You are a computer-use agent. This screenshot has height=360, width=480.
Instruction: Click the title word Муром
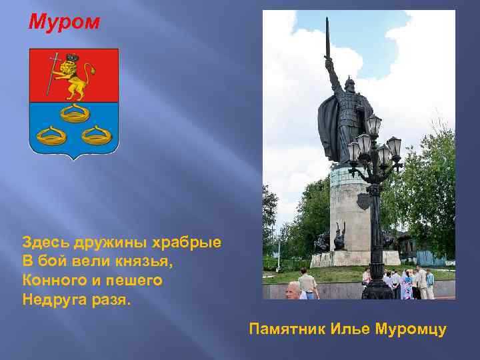pyautogui.click(x=65, y=23)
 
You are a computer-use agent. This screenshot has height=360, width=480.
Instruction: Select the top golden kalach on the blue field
pyautogui.click(x=74, y=113)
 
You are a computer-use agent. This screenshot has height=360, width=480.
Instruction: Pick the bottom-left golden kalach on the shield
pyautogui.click(x=52, y=137)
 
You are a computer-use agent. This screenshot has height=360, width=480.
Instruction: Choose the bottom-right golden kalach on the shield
pyautogui.click(x=96, y=137)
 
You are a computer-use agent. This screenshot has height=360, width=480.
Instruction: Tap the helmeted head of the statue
pyautogui.click(x=349, y=84)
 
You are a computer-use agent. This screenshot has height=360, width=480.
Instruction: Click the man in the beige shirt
pyautogui.click(x=308, y=283)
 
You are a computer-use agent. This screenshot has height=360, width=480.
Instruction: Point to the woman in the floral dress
pyautogui.click(x=406, y=285)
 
